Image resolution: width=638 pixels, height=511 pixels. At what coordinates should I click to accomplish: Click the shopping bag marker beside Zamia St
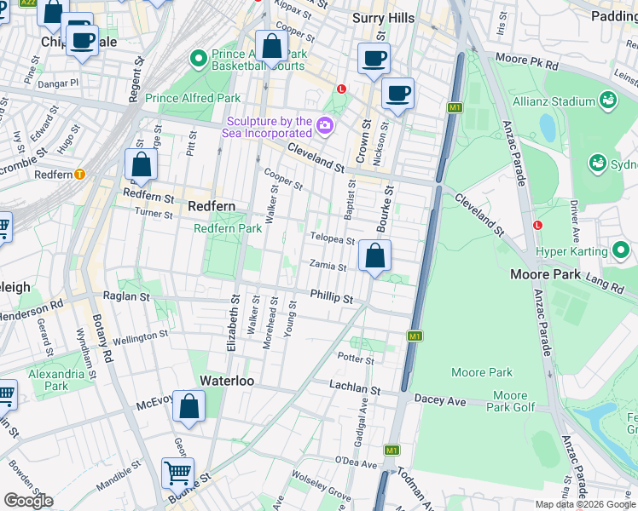[x=374, y=255]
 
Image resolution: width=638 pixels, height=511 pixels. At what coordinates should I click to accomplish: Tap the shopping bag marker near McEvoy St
[x=188, y=407]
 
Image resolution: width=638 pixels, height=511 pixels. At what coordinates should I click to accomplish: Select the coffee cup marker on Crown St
[x=374, y=59]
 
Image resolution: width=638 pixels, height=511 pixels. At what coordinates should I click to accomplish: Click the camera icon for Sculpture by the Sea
[x=325, y=127]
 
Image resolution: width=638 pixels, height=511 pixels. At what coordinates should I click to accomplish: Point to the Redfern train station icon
[x=80, y=174]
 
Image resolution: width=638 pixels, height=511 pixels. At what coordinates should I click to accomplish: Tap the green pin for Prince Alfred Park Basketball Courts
[x=199, y=58]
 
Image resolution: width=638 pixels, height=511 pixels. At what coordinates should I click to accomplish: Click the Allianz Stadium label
[x=553, y=101]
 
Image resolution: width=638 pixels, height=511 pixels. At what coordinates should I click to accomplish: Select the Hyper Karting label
[x=571, y=251]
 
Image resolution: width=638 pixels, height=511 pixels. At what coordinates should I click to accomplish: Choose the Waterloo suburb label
[x=227, y=381]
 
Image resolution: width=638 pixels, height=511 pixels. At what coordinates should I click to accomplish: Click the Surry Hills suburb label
[x=383, y=18]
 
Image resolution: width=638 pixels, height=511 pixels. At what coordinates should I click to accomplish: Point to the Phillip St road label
[x=331, y=297]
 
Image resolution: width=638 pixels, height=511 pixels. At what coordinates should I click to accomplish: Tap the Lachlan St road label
[x=354, y=388]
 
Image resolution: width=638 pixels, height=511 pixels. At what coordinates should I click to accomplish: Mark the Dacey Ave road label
[x=440, y=399]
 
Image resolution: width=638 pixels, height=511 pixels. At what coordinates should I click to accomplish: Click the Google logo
[x=28, y=500]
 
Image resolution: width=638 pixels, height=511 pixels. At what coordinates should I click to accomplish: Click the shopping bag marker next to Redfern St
[x=142, y=164]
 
